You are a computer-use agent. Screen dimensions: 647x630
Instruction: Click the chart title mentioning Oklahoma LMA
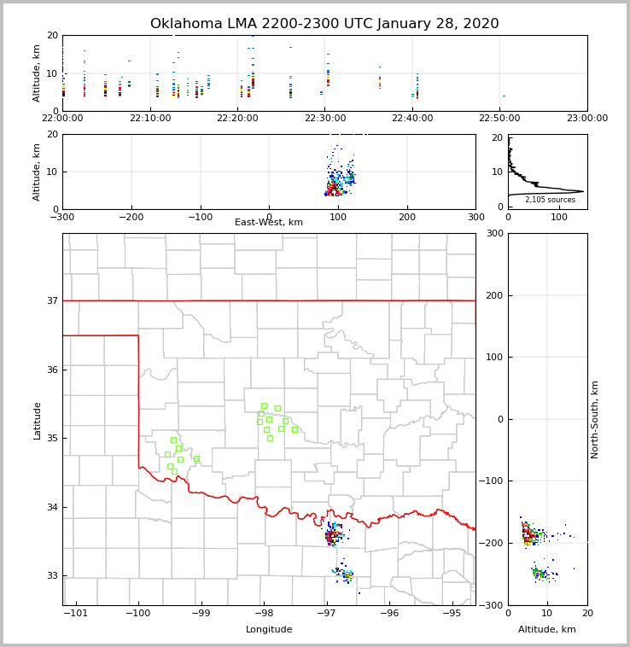[x=324, y=24]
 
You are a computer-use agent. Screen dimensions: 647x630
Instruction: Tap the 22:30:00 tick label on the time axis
[x=324, y=119]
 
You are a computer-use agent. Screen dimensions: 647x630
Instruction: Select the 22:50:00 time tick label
[x=499, y=119]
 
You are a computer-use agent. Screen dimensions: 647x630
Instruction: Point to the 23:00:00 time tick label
[x=586, y=119]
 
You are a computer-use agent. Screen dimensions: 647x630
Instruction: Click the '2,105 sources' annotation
[x=550, y=200]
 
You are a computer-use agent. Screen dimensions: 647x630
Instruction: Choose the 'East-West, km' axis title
[x=269, y=223]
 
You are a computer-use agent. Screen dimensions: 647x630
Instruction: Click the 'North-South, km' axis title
[x=595, y=419]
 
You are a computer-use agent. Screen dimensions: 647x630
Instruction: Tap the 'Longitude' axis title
[x=269, y=630]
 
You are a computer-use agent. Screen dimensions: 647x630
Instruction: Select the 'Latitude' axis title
[x=37, y=420]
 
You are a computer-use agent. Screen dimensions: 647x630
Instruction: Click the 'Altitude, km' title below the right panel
[x=546, y=630]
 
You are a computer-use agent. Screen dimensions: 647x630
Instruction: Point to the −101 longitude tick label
[x=76, y=614]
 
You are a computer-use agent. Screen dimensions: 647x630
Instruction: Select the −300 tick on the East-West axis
[x=62, y=217]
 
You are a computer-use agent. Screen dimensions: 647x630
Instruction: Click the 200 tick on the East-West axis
[x=406, y=217]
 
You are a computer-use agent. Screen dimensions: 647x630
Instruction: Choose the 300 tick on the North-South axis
[x=493, y=233]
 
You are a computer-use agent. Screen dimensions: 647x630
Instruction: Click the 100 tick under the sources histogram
[x=559, y=217]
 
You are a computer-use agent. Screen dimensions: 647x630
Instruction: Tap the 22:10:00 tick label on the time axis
[x=149, y=119]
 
